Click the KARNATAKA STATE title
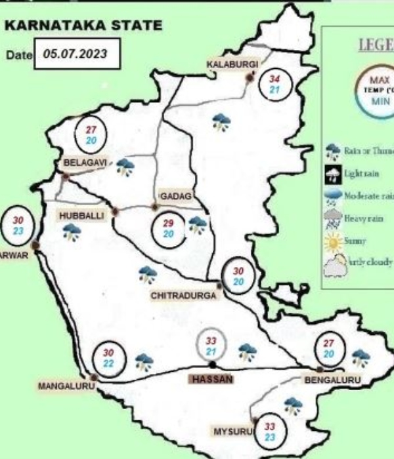(x=83, y=26)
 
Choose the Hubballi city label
(x=81, y=215)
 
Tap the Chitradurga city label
(x=183, y=296)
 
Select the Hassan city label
(x=212, y=380)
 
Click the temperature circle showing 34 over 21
(x=276, y=85)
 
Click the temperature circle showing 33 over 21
(x=211, y=346)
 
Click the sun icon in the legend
(x=334, y=241)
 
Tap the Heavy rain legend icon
(x=333, y=218)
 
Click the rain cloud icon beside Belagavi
(x=125, y=167)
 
